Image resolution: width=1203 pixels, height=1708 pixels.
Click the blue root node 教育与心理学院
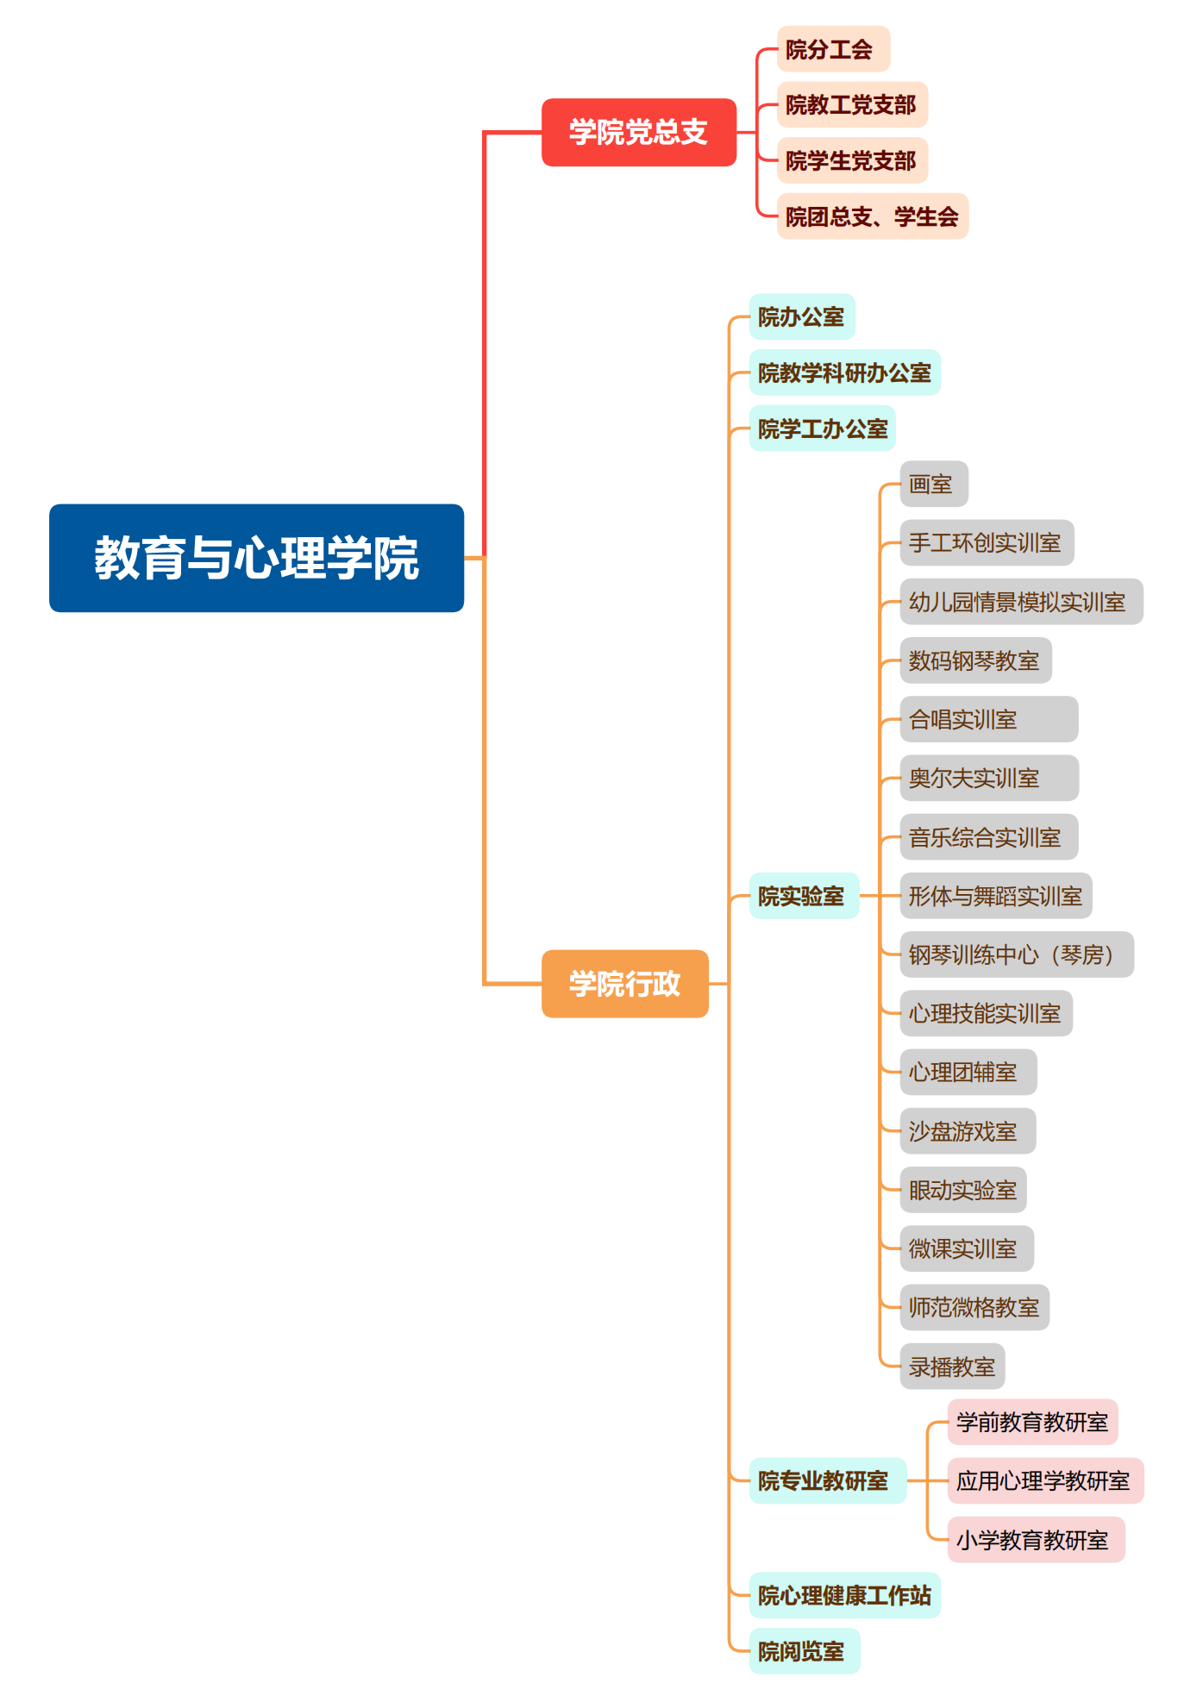coord(256,558)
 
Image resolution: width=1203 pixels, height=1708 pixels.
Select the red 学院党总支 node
coord(638,132)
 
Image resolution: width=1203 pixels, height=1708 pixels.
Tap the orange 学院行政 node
coord(624,984)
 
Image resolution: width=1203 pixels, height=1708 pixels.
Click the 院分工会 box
coord(832,49)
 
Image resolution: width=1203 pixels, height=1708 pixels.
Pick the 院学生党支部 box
coord(851,160)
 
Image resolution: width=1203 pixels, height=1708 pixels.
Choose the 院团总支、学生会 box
coord(872,216)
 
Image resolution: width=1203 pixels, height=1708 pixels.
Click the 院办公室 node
coord(801,316)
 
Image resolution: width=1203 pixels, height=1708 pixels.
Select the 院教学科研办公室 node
coord(844,372)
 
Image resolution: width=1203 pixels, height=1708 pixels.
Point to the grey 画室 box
coord(933,484)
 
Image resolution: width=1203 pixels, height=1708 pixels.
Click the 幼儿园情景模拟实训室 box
coord(1020,602)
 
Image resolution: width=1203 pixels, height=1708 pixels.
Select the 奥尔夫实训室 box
coord(988,778)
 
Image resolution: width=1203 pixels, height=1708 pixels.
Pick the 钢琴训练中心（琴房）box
coord(1016,954)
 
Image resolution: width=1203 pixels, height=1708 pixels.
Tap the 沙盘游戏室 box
coord(967,1131)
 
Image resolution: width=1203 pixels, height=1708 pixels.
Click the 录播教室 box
coord(952,1367)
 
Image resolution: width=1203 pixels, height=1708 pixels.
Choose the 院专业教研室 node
coord(827,1480)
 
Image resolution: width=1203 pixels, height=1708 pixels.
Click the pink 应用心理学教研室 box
coord(1044,1480)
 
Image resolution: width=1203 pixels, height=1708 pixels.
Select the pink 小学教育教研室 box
coord(1035,1540)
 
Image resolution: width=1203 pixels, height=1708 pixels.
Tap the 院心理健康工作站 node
coord(844,1595)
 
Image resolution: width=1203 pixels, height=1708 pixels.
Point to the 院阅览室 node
coord(804,1651)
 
